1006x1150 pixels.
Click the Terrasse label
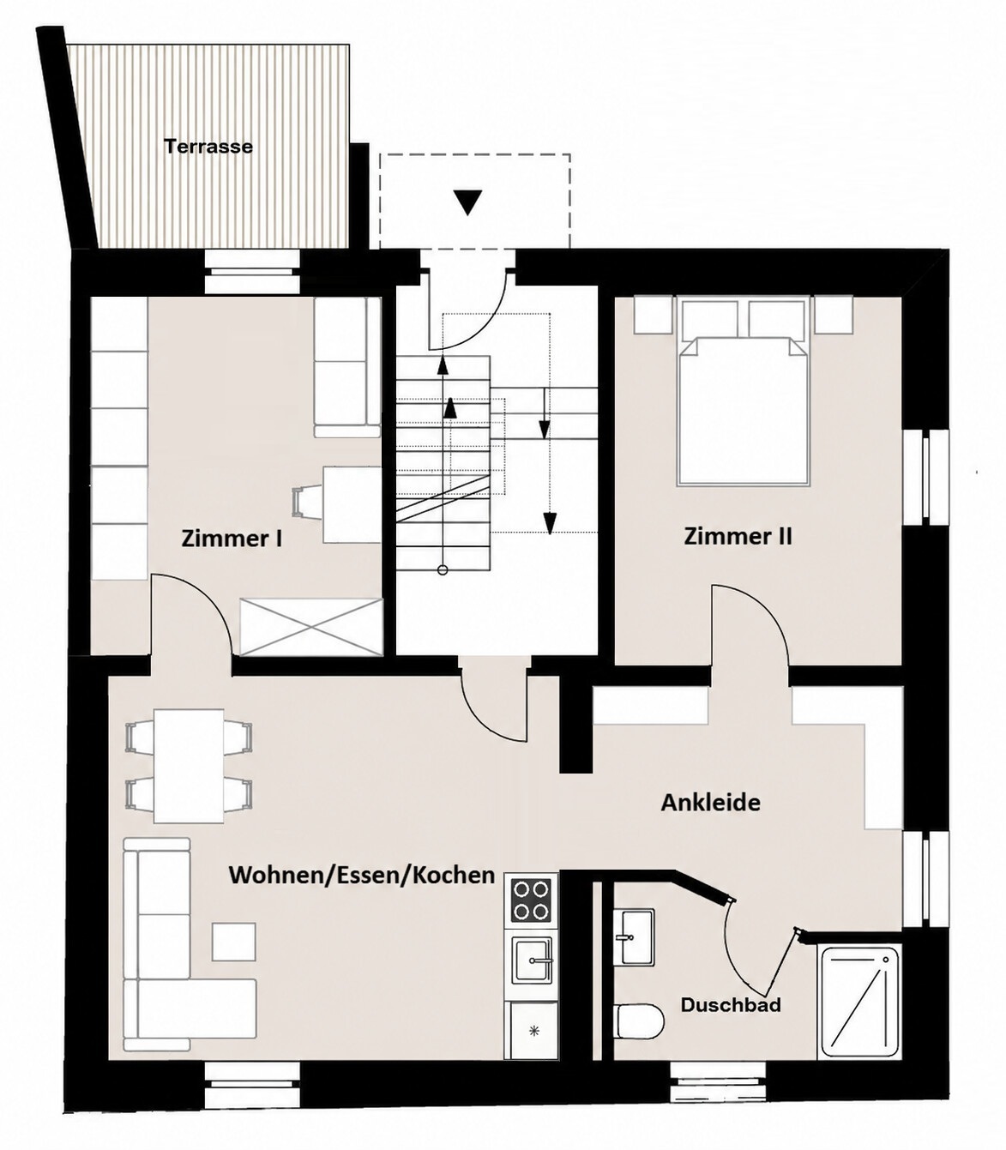tap(208, 147)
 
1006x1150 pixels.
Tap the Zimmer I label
tap(232, 539)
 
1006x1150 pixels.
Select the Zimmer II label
tap(738, 536)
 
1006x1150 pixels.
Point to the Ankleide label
tap(710, 803)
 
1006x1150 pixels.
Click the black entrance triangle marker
tap(467, 202)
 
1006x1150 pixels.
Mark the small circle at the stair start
tap(443, 570)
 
